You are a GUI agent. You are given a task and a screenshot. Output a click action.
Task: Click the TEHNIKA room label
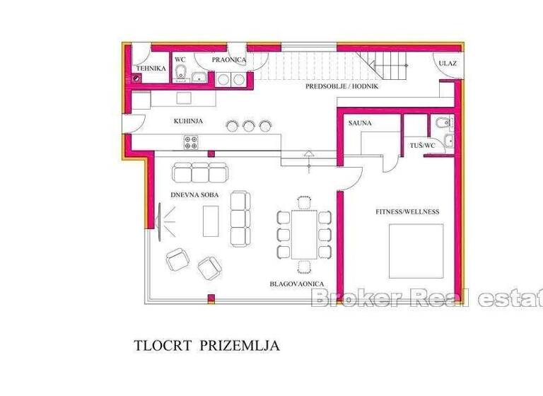[151, 69]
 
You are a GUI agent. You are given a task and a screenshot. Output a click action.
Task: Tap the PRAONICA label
[229, 60]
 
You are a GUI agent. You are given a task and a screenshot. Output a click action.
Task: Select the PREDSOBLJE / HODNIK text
[342, 86]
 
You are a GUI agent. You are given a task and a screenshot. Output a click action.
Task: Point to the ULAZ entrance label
[447, 64]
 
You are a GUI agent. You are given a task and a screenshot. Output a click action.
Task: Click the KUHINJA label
[188, 122]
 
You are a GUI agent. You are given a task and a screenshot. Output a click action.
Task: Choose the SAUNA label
[360, 123]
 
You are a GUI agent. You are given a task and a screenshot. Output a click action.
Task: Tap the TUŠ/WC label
[423, 146]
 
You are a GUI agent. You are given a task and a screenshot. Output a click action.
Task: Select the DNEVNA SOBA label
[194, 194]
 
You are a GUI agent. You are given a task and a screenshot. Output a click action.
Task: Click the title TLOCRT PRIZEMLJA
[207, 346]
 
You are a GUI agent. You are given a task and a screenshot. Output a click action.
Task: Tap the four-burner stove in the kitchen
[192, 141]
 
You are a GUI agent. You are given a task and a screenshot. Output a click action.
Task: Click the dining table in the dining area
[304, 233]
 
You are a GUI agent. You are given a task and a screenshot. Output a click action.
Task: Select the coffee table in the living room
[211, 220]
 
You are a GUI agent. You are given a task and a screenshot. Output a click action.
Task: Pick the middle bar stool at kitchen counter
[248, 126]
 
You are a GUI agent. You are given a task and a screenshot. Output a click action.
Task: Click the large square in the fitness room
[416, 251]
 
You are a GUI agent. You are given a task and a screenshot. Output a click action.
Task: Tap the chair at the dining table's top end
[304, 202]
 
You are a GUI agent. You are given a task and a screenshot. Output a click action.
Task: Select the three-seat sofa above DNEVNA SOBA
[202, 172]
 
